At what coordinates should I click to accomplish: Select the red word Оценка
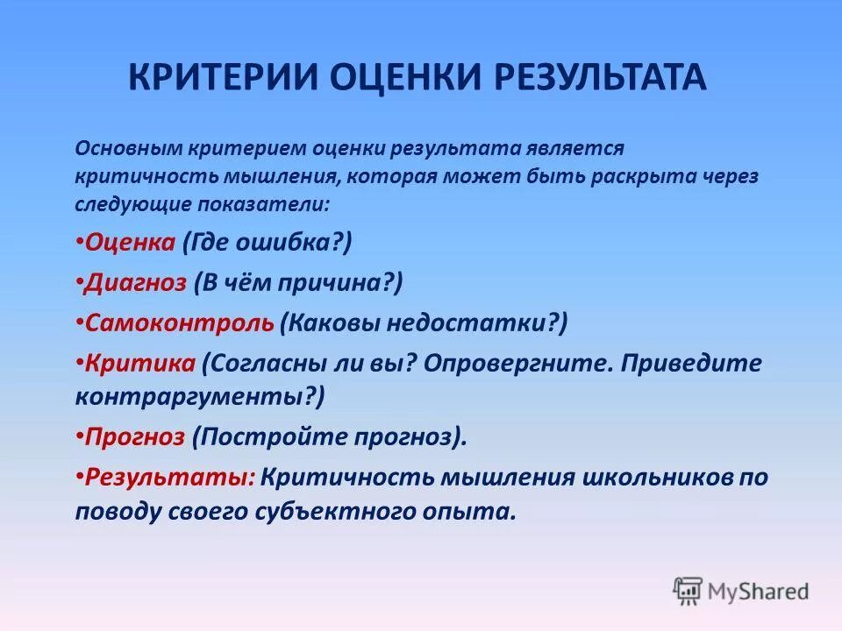131,242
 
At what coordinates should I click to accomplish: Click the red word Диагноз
136,282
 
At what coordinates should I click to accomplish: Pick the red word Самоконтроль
180,323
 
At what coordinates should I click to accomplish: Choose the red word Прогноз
136,436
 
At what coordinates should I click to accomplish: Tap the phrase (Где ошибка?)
267,242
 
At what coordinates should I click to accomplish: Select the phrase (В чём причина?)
298,282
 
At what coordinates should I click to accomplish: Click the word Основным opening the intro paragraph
127,149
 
